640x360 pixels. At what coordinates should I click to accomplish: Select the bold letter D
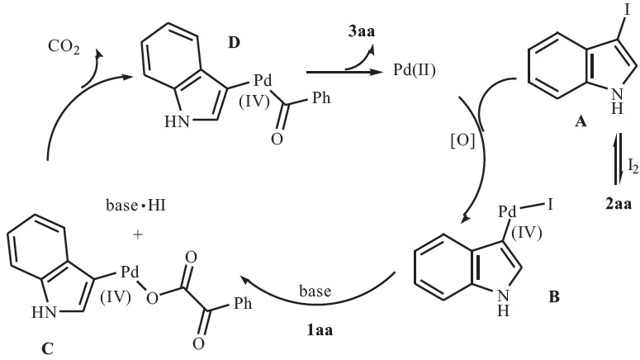pyautogui.click(x=235, y=41)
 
